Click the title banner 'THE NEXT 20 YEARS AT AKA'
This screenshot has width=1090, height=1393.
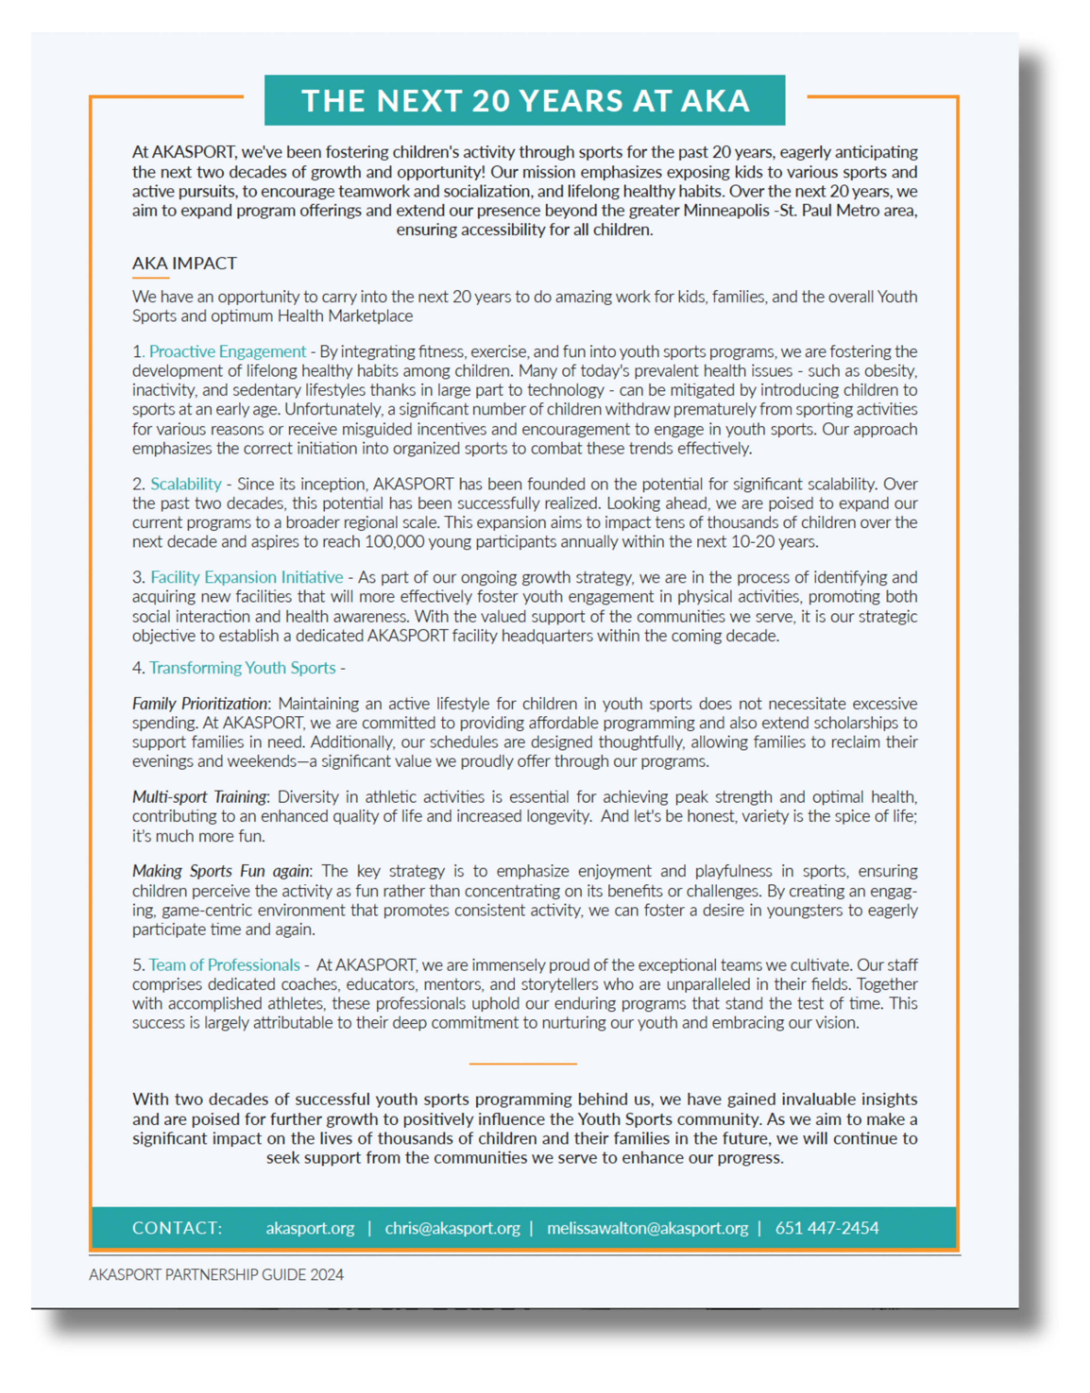[x=525, y=101]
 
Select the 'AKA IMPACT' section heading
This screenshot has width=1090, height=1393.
[x=184, y=263]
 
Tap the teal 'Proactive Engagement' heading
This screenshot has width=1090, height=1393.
[x=227, y=351]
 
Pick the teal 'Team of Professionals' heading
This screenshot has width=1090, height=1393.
[x=224, y=964]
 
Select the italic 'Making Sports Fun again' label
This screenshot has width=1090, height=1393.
[x=221, y=871]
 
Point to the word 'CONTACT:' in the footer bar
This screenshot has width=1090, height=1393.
[x=177, y=1228]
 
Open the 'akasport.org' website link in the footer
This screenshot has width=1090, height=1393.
[x=310, y=1228]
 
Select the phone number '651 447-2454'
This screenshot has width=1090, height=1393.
[x=827, y=1228]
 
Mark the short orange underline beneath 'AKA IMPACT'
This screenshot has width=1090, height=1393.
[x=150, y=278]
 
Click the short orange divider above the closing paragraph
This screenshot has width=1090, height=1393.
[x=523, y=1064]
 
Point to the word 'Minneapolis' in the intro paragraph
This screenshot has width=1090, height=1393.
[x=725, y=211]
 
